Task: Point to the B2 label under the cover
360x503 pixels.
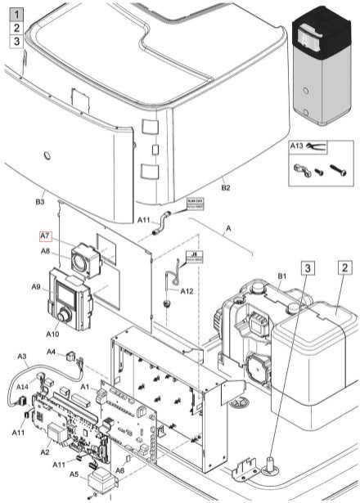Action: pyautogui.click(x=226, y=188)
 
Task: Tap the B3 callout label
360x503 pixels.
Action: pyautogui.click(x=38, y=200)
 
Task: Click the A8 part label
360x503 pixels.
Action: pyautogui.click(x=47, y=251)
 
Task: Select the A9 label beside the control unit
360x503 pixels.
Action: pyautogui.click(x=37, y=286)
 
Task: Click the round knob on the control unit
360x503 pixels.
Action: pyautogui.click(x=65, y=316)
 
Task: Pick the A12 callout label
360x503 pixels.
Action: pyautogui.click(x=187, y=291)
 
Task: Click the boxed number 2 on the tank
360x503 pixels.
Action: pyautogui.click(x=345, y=267)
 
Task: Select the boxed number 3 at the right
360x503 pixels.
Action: pyautogui.click(x=307, y=267)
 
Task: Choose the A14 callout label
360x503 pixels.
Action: pyautogui.click(x=23, y=385)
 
